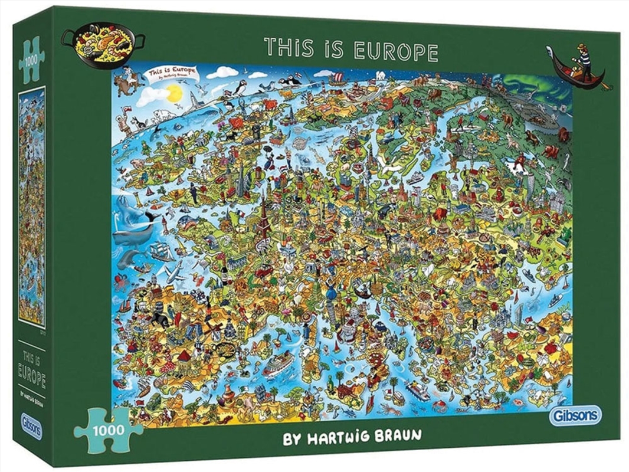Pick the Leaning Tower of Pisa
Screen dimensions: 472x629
point(330,319)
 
